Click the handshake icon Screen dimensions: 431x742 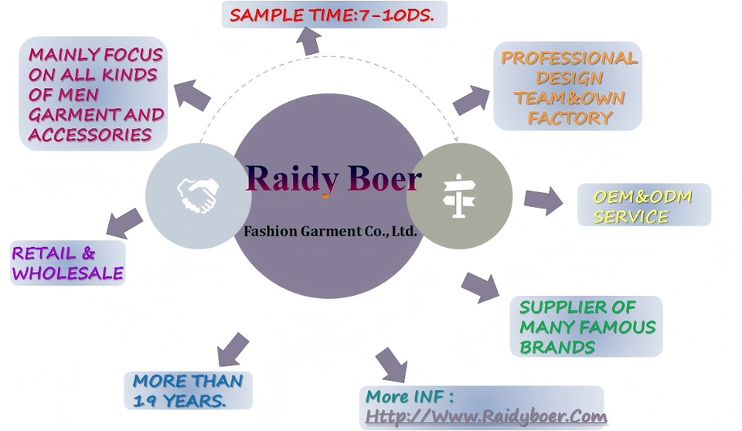tap(198, 195)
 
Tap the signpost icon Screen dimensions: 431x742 tap(458, 195)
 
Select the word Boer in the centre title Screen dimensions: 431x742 tap(384, 179)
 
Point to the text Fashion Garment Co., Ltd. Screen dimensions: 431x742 tap(330, 230)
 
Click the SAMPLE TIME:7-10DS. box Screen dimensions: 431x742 tap(334, 15)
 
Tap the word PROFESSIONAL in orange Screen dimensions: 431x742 tap(569, 58)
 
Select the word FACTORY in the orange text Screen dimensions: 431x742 tap(570, 118)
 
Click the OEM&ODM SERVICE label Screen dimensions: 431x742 tap(642, 206)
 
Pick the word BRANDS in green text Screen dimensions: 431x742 tap(557, 347)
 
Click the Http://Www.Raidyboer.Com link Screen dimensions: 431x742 tap(485, 416)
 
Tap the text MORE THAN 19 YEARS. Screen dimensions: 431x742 tap(188, 390)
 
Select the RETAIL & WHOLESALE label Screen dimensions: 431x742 tap(67, 263)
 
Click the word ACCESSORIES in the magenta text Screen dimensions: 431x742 tap(90, 134)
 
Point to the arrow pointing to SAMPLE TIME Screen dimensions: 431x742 tap(310, 40)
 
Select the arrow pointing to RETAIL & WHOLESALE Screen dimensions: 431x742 tap(124, 223)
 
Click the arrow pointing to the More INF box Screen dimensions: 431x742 tap(392, 364)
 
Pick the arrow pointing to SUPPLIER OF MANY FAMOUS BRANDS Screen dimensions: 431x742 tap(480, 287)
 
